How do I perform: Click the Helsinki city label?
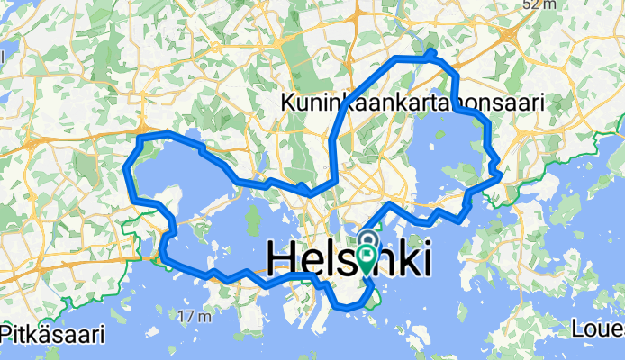(x=349, y=259)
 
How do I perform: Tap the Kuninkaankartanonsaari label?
(x=412, y=103)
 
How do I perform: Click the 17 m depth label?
(x=195, y=316)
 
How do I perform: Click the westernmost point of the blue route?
(x=126, y=168)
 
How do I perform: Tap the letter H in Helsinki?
(x=282, y=259)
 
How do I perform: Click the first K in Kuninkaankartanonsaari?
(x=290, y=103)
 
